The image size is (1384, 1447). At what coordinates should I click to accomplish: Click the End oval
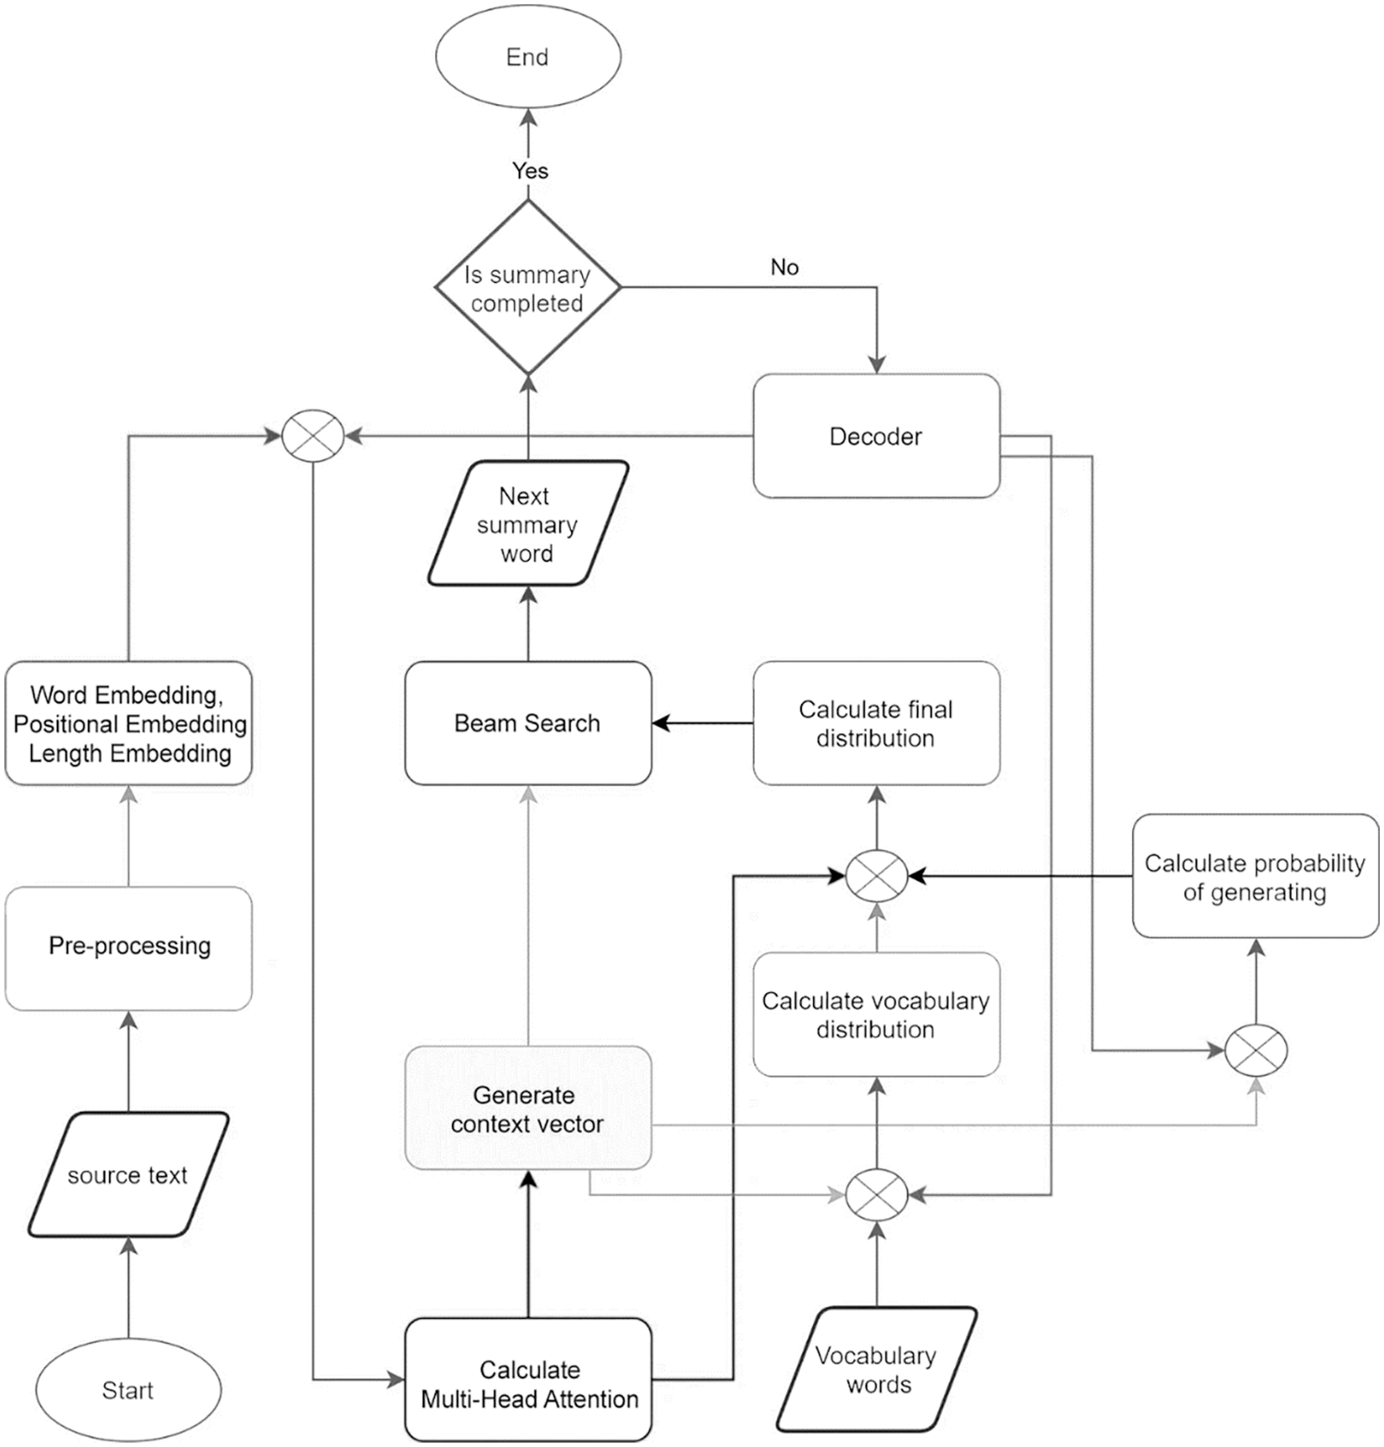pyautogui.click(x=528, y=58)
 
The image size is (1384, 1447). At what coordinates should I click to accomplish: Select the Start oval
pyautogui.click(x=128, y=1389)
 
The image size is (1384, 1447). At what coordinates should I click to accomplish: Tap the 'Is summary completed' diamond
pyautogui.click(x=528, y=288)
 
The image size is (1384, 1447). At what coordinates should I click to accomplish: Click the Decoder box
pyautogui.click(x=876, y=436)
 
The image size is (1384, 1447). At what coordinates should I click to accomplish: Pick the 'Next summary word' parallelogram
pyautogui.click(x=528, y=524)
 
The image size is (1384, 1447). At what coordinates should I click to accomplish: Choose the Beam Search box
pyautogui.click(x=528, y=723)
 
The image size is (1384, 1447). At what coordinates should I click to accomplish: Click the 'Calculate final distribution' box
pyautogui.click(x=876, y=723)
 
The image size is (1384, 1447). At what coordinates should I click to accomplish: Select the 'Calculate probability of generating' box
pyautogui.click(x=1255, y=876)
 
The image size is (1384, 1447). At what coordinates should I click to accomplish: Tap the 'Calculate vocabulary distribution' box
pyautogui.click(x=876, y=1015)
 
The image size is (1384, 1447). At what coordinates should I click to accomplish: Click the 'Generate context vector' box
pyautogui.click(x=528, y=1108)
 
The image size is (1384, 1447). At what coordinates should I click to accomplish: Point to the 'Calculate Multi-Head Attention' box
pyautogui.click(x=528, y=1383)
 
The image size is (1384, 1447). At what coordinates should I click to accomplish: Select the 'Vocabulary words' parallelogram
pyautogui.click(x=876, y=1370)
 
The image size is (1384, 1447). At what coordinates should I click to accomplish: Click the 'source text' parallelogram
pyautogui.click(x=128, y=1174)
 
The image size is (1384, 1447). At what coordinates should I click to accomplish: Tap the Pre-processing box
pyautogui.click(x=128, y=947)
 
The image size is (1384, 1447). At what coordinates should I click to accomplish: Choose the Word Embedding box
pyautogui.click(x=128, y=723)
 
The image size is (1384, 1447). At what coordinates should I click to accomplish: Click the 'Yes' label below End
pyautogui.click(x=530, y=170)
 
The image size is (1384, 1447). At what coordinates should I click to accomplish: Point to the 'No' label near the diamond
pyautogui.click(x=784, y=267)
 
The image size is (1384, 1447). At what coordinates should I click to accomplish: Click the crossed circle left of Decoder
pyautogui.click(x=313, y=436)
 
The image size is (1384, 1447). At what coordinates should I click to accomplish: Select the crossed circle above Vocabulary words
pyautogui.click(x=876, y=1194)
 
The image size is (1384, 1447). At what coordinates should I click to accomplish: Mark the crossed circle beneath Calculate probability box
pyautogui.click(x=1256, y=1050)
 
